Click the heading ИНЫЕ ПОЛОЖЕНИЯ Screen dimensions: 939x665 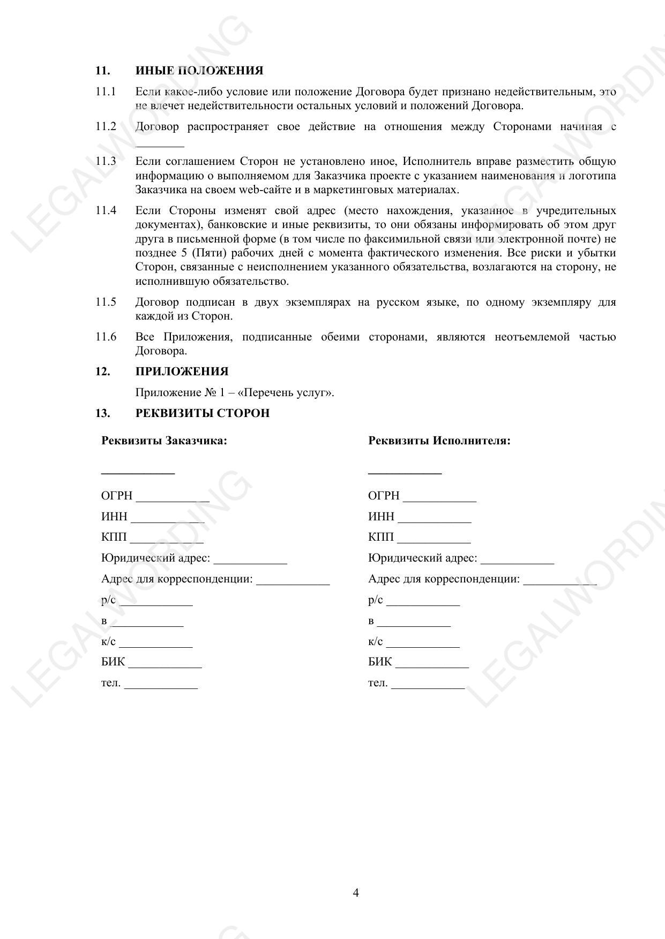pyautogui.click(x=199, y=71)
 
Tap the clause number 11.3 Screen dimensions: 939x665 pyautogui.click(x=106, y=161)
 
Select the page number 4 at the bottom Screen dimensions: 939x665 pyautogui.click(x=356, y=892)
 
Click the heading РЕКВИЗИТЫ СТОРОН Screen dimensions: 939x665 pyautogui.click(x=202, y=413)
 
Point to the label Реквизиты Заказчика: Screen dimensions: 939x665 pyautogui.click(x=164, y=441)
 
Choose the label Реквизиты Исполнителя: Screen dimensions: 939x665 pyautogui.click(x=439, y=441)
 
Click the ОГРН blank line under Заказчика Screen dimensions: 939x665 pyautogui.click(x=173, y=500)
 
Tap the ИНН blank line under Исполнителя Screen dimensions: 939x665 pyautogui.click(x=435, y=521)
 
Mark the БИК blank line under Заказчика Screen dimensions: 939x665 pyautogui.click(x=165, y=666)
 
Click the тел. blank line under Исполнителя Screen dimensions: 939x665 pyautogui.click(x=428, y=687)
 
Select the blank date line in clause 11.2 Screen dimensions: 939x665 pyautogui.click(x=160, y=145)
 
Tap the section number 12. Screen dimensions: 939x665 pyautogui.click(x=103, y=372)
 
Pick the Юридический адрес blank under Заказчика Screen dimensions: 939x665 pyautogui.click(x=250, y=563)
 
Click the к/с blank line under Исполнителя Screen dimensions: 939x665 pyautogui.click(x=423, y=646)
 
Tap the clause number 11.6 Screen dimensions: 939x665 pyautogui.click(x=106, y=337)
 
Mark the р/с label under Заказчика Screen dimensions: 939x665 pyautogui.click(x=108, y=600)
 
